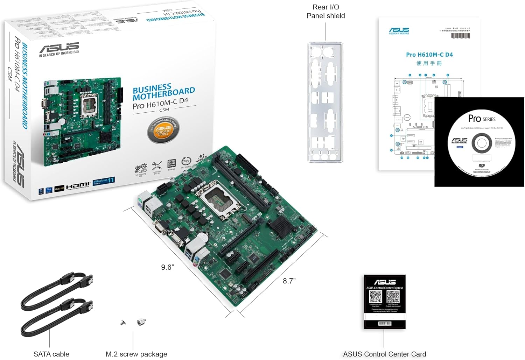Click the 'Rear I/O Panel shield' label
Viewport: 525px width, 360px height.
click(325, 12)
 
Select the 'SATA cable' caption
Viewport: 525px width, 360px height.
click(51, 354)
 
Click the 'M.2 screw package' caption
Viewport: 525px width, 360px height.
click(136, 354)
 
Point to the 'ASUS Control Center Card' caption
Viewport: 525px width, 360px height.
click(384, 354)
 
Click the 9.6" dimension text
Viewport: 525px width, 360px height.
click(167, 267)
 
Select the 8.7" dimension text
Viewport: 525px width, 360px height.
click(289, 281)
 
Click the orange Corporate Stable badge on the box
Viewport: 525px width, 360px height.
click(163, 131)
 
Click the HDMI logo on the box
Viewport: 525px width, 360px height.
click(78, 185)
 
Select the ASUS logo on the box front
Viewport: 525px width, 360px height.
click(59, 48)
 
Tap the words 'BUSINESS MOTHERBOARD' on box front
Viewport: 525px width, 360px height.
click(163, 92)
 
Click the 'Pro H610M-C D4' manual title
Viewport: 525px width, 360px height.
click(429, 55)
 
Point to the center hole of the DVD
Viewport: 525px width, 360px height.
click(482, 143)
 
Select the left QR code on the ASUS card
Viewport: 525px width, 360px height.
click(376, 297)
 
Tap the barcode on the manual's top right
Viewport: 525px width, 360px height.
click(460, 35)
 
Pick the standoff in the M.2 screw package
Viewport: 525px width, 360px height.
click(141, 322)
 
